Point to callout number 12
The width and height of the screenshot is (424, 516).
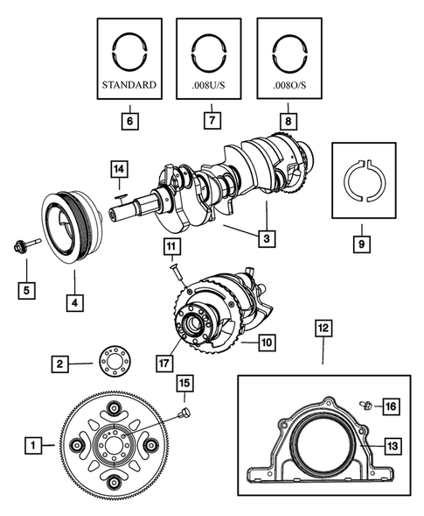pos(323,329)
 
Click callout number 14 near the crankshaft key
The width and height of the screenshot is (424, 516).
pos(119,167)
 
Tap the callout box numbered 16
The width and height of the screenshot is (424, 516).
pos(391,406)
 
